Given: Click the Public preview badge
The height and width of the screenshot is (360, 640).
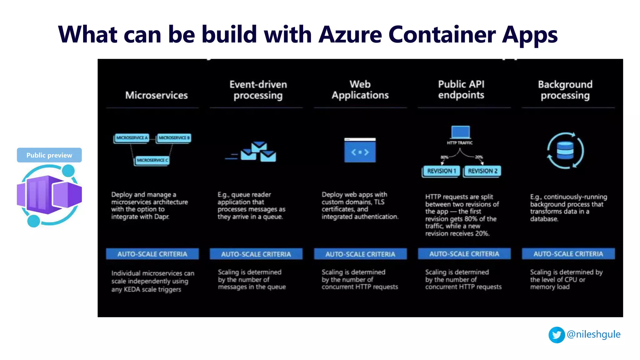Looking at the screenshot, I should [x=49, y=155].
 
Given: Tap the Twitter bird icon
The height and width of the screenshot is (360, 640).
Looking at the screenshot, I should [x=557, y=335].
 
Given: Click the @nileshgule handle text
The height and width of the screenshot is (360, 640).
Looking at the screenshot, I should [x=593, y=334].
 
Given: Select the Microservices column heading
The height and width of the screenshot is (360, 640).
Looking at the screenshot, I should [x=156, y=95].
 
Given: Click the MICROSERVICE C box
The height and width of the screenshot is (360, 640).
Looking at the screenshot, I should [x=152, y=160].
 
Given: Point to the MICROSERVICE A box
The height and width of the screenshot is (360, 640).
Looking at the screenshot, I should [x=132, y=138].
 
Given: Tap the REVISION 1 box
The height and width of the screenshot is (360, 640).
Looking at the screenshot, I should [x=441, y=171].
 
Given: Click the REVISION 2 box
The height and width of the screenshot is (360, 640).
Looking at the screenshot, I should [x=482, y=171].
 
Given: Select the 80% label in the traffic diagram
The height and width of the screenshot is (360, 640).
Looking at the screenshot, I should [x=444, y=157].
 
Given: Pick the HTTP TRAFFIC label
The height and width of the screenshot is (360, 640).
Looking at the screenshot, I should [x=460, y=143].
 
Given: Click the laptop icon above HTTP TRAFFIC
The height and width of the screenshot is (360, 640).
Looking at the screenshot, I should [x=460, y=132].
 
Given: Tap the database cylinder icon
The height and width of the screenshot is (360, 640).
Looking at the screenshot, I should [x=565, y=150].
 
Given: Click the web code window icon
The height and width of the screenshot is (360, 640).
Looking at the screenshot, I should [x=360, y=150].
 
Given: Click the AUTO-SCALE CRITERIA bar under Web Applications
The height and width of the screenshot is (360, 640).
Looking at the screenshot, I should [x=360, y=254].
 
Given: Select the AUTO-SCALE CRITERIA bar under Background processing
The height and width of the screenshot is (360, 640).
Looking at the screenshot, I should [x=568, y=254].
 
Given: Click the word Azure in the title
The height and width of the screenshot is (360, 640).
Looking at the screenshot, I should [x=350, y=34].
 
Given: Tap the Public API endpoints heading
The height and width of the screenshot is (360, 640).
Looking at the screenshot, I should [x=461, y=89].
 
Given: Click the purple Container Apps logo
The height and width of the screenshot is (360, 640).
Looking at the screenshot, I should [x=49, y=195].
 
